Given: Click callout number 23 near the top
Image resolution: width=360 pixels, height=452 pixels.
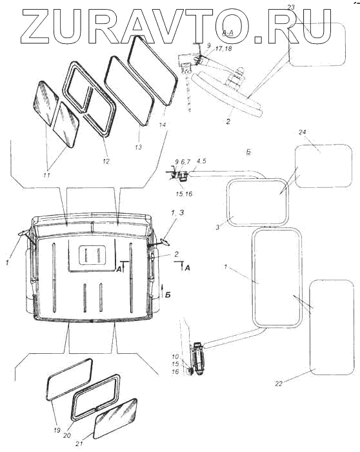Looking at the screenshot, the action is tap(291, 8).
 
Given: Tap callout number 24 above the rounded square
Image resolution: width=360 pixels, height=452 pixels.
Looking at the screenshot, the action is tap(302, 132).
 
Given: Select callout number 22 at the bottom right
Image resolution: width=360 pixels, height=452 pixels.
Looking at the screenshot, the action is tap(279, 384).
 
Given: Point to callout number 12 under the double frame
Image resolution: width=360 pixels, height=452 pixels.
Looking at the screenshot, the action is tap(106, 161).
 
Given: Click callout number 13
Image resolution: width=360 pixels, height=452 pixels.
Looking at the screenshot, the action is tap(138, 147).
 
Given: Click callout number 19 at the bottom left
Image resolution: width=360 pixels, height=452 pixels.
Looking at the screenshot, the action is tap(57, 430).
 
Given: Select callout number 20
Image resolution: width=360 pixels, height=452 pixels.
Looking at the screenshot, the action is tap(67, 436).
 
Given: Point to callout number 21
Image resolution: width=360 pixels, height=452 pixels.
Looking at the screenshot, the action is tap(79, 444).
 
